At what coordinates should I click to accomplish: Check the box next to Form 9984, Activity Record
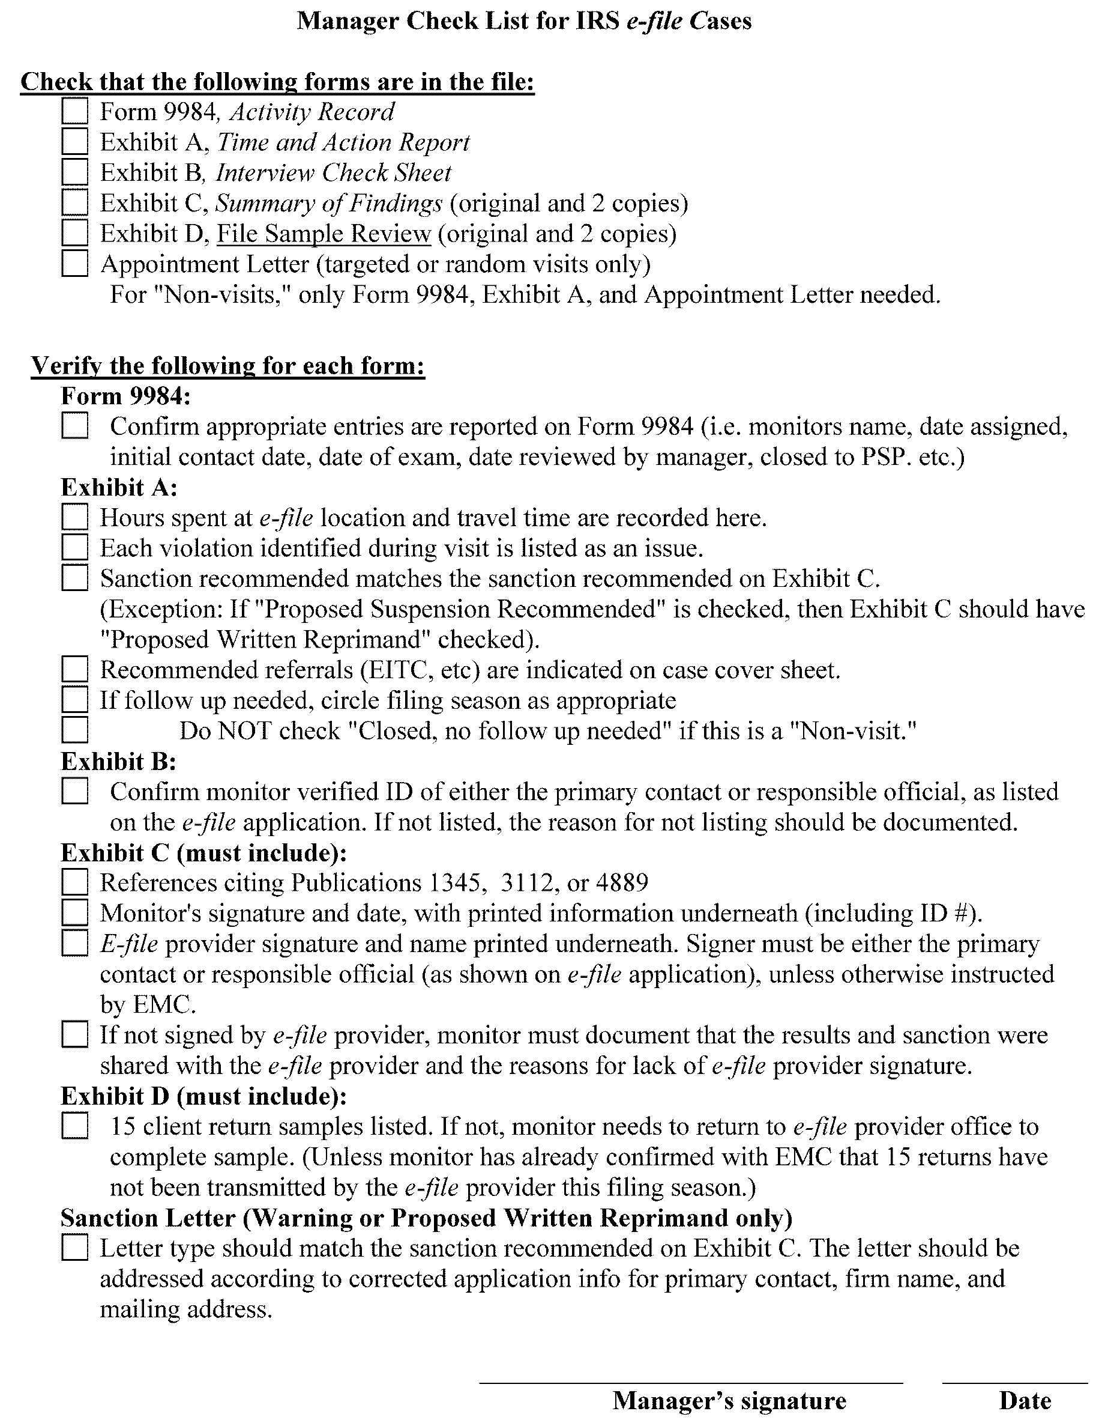coord(74,111)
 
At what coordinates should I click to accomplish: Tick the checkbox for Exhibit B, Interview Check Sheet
coord(74,172)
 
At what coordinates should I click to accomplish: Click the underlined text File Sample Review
coord(324,234)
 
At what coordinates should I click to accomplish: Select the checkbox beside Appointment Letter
coord(74,264)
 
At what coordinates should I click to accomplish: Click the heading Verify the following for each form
coord(227,366)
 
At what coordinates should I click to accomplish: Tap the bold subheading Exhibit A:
coord(119,487)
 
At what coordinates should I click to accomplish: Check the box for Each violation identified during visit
coord(74,548)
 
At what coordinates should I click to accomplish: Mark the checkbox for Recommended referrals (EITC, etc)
coord(74,670)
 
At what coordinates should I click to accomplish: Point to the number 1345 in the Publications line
coord(454,883)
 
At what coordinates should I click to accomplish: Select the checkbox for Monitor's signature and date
coord(74,914)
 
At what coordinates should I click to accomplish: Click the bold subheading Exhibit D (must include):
coord(203,1096)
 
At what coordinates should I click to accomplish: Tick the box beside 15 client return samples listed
coord(74,1127)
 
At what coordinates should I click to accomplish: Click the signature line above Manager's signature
coord(691,1383)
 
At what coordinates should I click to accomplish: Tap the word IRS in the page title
coord(597,21)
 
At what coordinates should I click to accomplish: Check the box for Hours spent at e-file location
coord(74,518)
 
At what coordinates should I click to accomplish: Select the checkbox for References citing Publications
coord(74,883)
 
